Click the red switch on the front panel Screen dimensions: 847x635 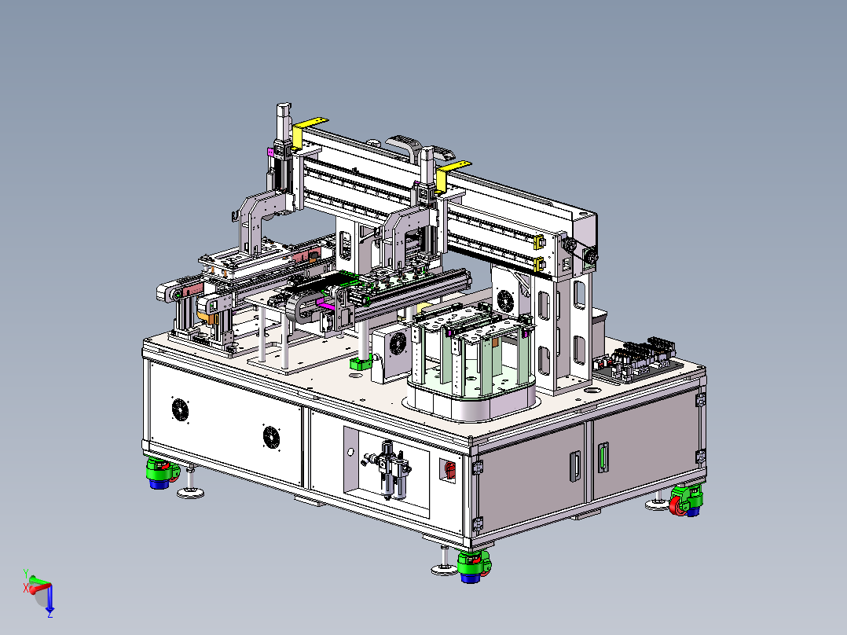449,470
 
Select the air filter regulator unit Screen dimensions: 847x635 387,469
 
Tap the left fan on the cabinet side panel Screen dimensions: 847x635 180,409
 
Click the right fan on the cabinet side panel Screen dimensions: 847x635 271,437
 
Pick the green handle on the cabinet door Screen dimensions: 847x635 603,457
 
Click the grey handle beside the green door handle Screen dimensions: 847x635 575,466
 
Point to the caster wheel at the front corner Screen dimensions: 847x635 474,567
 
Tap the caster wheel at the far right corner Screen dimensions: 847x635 685,501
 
